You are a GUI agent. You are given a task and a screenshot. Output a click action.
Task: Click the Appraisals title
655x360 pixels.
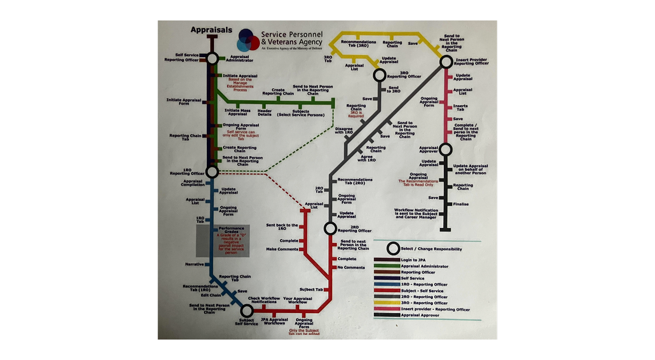[x=211, y=30]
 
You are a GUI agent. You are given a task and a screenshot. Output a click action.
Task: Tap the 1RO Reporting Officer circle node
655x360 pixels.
[x=212, y=172]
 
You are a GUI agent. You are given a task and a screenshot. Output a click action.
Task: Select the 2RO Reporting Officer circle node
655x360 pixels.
[x=330, y=228]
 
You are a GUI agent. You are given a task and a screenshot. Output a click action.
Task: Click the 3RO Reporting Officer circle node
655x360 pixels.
[x=379, y=75]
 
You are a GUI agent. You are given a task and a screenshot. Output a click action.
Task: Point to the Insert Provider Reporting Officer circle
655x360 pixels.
[x=446, y=62]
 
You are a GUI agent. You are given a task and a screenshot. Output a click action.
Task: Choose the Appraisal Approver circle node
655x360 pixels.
[x=446, y=149]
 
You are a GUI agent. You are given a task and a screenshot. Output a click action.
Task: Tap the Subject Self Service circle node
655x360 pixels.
[x=246, y=310]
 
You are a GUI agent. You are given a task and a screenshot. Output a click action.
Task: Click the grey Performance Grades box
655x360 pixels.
[x=223, y=241]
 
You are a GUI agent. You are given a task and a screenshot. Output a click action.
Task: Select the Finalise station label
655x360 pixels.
[x=461, y=204]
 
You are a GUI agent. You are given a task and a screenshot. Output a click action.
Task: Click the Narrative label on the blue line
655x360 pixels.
[x=194, y=264]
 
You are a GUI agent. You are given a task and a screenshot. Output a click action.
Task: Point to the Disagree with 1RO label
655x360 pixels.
[x=343, y=130]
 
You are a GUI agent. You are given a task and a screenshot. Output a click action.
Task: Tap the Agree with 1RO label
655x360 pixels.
[x=366, y=158]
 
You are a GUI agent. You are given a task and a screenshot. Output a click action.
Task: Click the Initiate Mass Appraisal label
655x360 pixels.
[x=237, y=112]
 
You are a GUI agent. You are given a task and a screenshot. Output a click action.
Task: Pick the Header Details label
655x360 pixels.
[x=264, y=112]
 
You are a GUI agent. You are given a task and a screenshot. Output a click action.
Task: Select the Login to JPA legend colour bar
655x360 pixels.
[x=386, y=260]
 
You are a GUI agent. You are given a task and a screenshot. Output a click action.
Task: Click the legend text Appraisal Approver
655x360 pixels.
[x=420, y=315]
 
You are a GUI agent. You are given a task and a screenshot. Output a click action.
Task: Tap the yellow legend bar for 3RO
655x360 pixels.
[x=386, y=303]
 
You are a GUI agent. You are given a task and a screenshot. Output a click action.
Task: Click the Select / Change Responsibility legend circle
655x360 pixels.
[x=393, y=248]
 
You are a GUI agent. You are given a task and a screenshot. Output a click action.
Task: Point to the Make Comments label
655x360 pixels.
[x=282, y=249]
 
